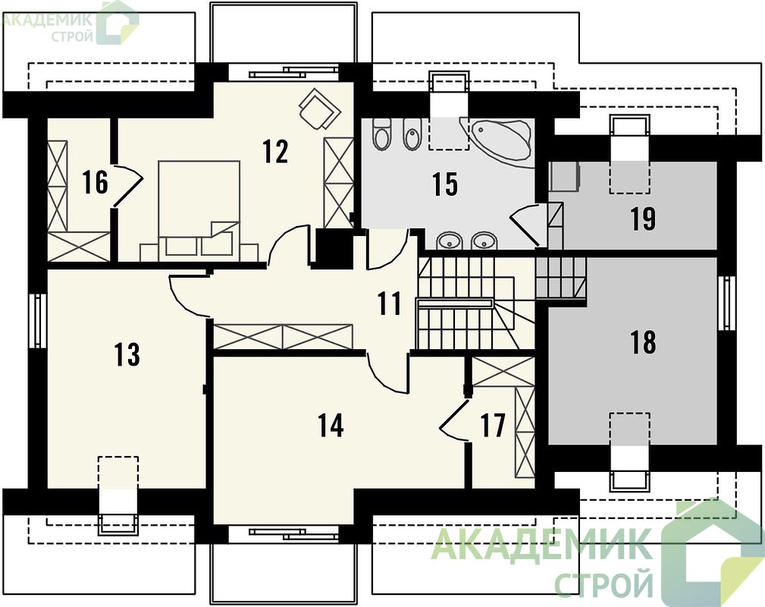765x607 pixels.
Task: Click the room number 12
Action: tap(275, 152)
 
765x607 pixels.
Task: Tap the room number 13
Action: tap(127, 354)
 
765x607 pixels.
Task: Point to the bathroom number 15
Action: tap(445, 184)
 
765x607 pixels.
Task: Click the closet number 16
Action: tap(95, 181)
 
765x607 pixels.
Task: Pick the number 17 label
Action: tap(492, 425)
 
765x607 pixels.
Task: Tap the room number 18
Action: tap(643, 342)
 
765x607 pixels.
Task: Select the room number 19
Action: tap(643, 219)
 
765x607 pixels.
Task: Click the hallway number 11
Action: tap(390, 303)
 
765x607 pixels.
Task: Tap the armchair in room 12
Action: tap(318, 109)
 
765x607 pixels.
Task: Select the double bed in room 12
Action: tap(199, 209)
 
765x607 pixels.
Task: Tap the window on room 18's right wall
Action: tap(727, 303)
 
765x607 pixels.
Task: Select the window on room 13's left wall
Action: tap(37, 321)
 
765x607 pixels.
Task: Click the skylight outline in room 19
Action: tap(629, 153)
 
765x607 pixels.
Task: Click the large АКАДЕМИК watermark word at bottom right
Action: tap(542, 544)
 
